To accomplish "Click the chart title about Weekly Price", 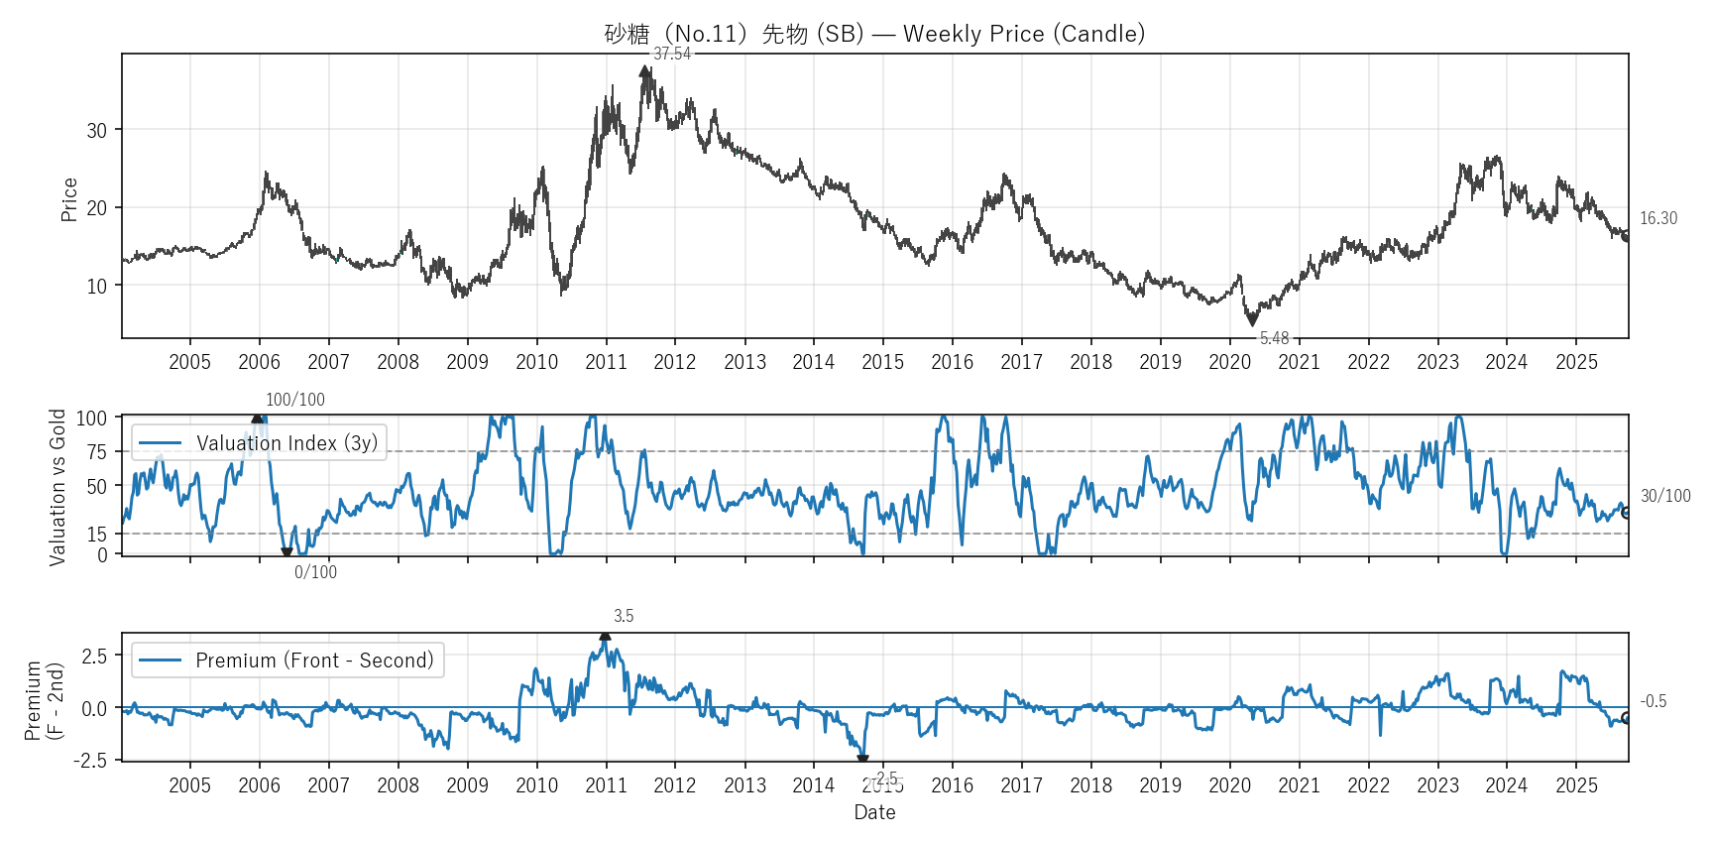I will pyautogui.click(x=874, y=34).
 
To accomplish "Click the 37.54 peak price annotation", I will pyautogui.click(x=671, y=54).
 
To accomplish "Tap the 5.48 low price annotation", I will pyautogui.click(x=1274, y=338).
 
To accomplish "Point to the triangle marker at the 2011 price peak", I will pyautogui.click(x=645, y=71).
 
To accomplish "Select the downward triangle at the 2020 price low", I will pyautogui.click(x=1252, y=320).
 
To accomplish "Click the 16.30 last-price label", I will pyautogui.click(x=1658, y=218).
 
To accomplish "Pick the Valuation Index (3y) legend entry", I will pyautogui.click(x=260, y=443).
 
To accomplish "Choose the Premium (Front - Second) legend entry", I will pyautogui.click(x=287, y=661).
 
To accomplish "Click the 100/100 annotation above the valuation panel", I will pyautogui.click(x=294, y=400).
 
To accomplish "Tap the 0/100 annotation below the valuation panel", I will pyautogui.click(x=315, y=572).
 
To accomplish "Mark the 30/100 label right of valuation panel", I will pyautogui.click(x=1665, y=496).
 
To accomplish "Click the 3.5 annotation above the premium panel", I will pyautogui.click(x=624, y=616).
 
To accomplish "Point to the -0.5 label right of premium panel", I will pyautogui.click(x=1653, y=701).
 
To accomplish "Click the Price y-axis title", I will pyautogui.click(x=69, y=199).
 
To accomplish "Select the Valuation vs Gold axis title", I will pyautogui.click(x=57, y=487).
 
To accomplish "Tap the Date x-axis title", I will pyautogui.click(x=874, y=812).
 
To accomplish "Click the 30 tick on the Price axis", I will pyautogui.click(x=97, y=130).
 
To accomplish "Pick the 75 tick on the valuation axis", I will pyautogui.click(x=97, y=452).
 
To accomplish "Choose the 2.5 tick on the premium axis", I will pyautogui.click(x=95, y=656).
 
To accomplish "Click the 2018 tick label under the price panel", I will pyautogui.click(x=1090, y=362).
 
